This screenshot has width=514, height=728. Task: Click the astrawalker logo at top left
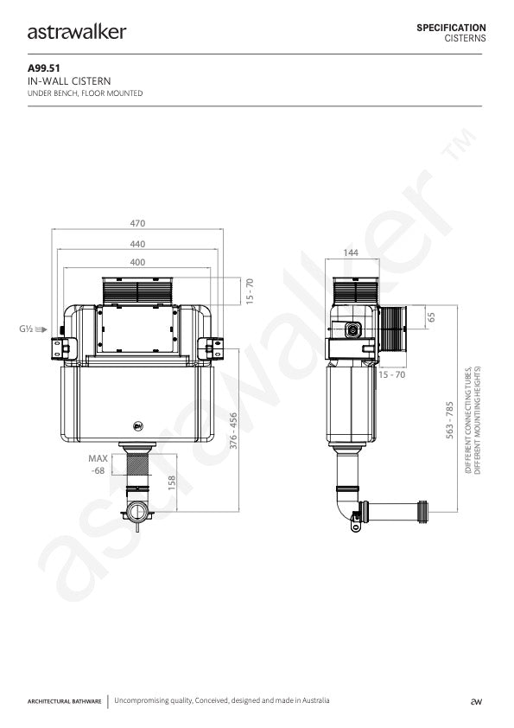pyautogui.click(x=77, y=32)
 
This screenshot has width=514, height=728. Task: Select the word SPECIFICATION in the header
pyautogui.click(x=451, y=28)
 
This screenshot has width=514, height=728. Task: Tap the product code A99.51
pyautogui.click(x=43, y=68)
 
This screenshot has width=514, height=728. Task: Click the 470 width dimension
pyautogui.click(x=137, y=223)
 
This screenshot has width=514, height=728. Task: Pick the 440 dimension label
pyautogui.click(x=137, y=244)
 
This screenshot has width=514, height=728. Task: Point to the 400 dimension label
pyautogui.click(x=137, y=262)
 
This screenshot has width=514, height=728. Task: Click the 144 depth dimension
pyautogui.click(x=351, y=252)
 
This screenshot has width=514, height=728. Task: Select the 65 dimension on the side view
pyautogui.click(x=431, y=317)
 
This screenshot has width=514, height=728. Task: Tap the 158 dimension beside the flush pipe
pyautogui.click(x=172, y=482)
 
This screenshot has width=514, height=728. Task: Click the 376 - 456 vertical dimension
pyautogui.click(x=234, y=431)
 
